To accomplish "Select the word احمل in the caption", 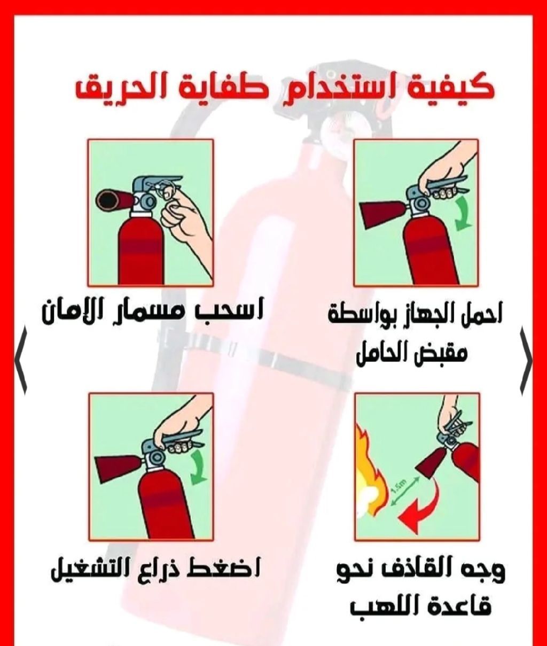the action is point(480,316).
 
